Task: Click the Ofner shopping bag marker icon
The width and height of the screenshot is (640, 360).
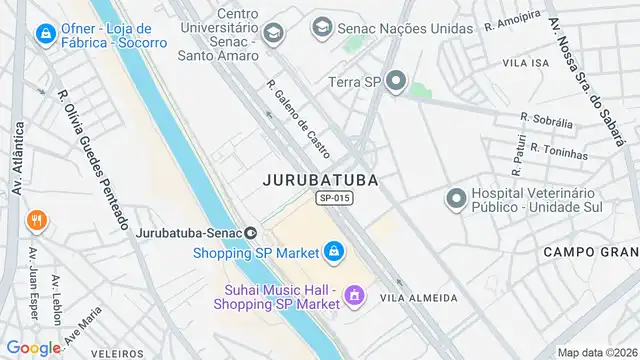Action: tap(45, 35)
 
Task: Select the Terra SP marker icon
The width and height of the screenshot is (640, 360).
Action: tap(396, 80)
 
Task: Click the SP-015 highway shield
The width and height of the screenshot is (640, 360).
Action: tap(334, 199)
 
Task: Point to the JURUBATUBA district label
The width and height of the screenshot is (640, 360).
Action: tap(321, 180)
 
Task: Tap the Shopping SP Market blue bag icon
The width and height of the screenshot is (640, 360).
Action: tap(333, 251)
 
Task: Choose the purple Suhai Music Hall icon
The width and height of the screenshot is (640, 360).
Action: tap(352, 295)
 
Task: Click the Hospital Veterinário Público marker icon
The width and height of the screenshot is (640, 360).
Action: tap(456, 199)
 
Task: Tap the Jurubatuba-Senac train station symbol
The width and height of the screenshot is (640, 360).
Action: tap(250, 233)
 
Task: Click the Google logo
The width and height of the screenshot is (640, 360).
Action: tap(33, 347)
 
